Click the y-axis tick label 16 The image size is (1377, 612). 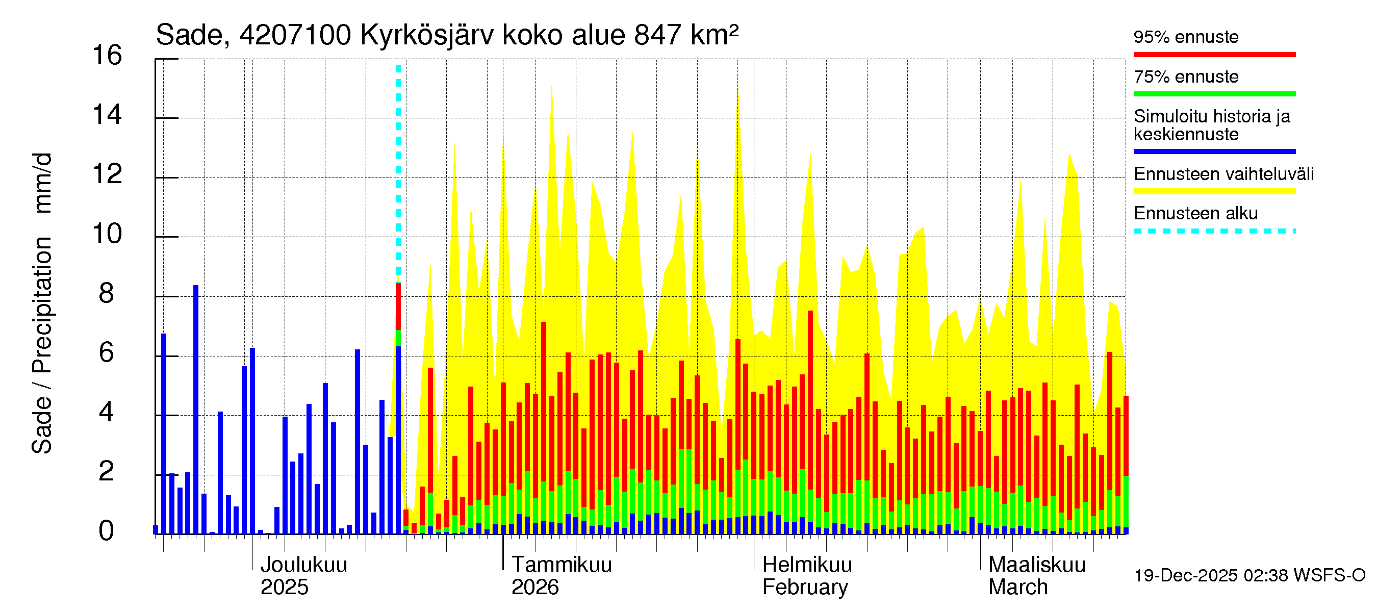click(x=107, y=56)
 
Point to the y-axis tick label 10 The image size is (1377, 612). click(x=107, y=234)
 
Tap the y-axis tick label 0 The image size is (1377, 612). click(x=107, y=531)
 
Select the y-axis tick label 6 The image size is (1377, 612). click(x=107, y=353)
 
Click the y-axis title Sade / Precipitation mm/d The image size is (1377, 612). click(x=42, y=303)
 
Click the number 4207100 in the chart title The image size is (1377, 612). click(x=295, y=35)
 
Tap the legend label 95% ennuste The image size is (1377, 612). click(x=1186, y=37)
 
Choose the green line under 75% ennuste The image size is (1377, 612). click(x=1214, y=94)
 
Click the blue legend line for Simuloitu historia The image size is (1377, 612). click(x=1214, y=151)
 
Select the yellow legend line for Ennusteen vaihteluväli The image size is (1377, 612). click(x=1214, y=191)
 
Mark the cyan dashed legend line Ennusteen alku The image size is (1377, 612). click(x=1214, y=231)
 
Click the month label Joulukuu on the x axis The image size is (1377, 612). click(x=303, y=565)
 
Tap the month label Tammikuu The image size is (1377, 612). click(x=562, y=565)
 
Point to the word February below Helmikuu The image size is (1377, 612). click(x=804, y=588)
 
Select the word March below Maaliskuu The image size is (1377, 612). click(x=1018, y=588)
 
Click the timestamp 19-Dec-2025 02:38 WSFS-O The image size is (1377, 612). click(x=1249, y=576)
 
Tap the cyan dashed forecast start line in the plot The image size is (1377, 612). click(x=398, y=160)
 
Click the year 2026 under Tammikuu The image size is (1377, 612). click(x=534, y=588)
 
